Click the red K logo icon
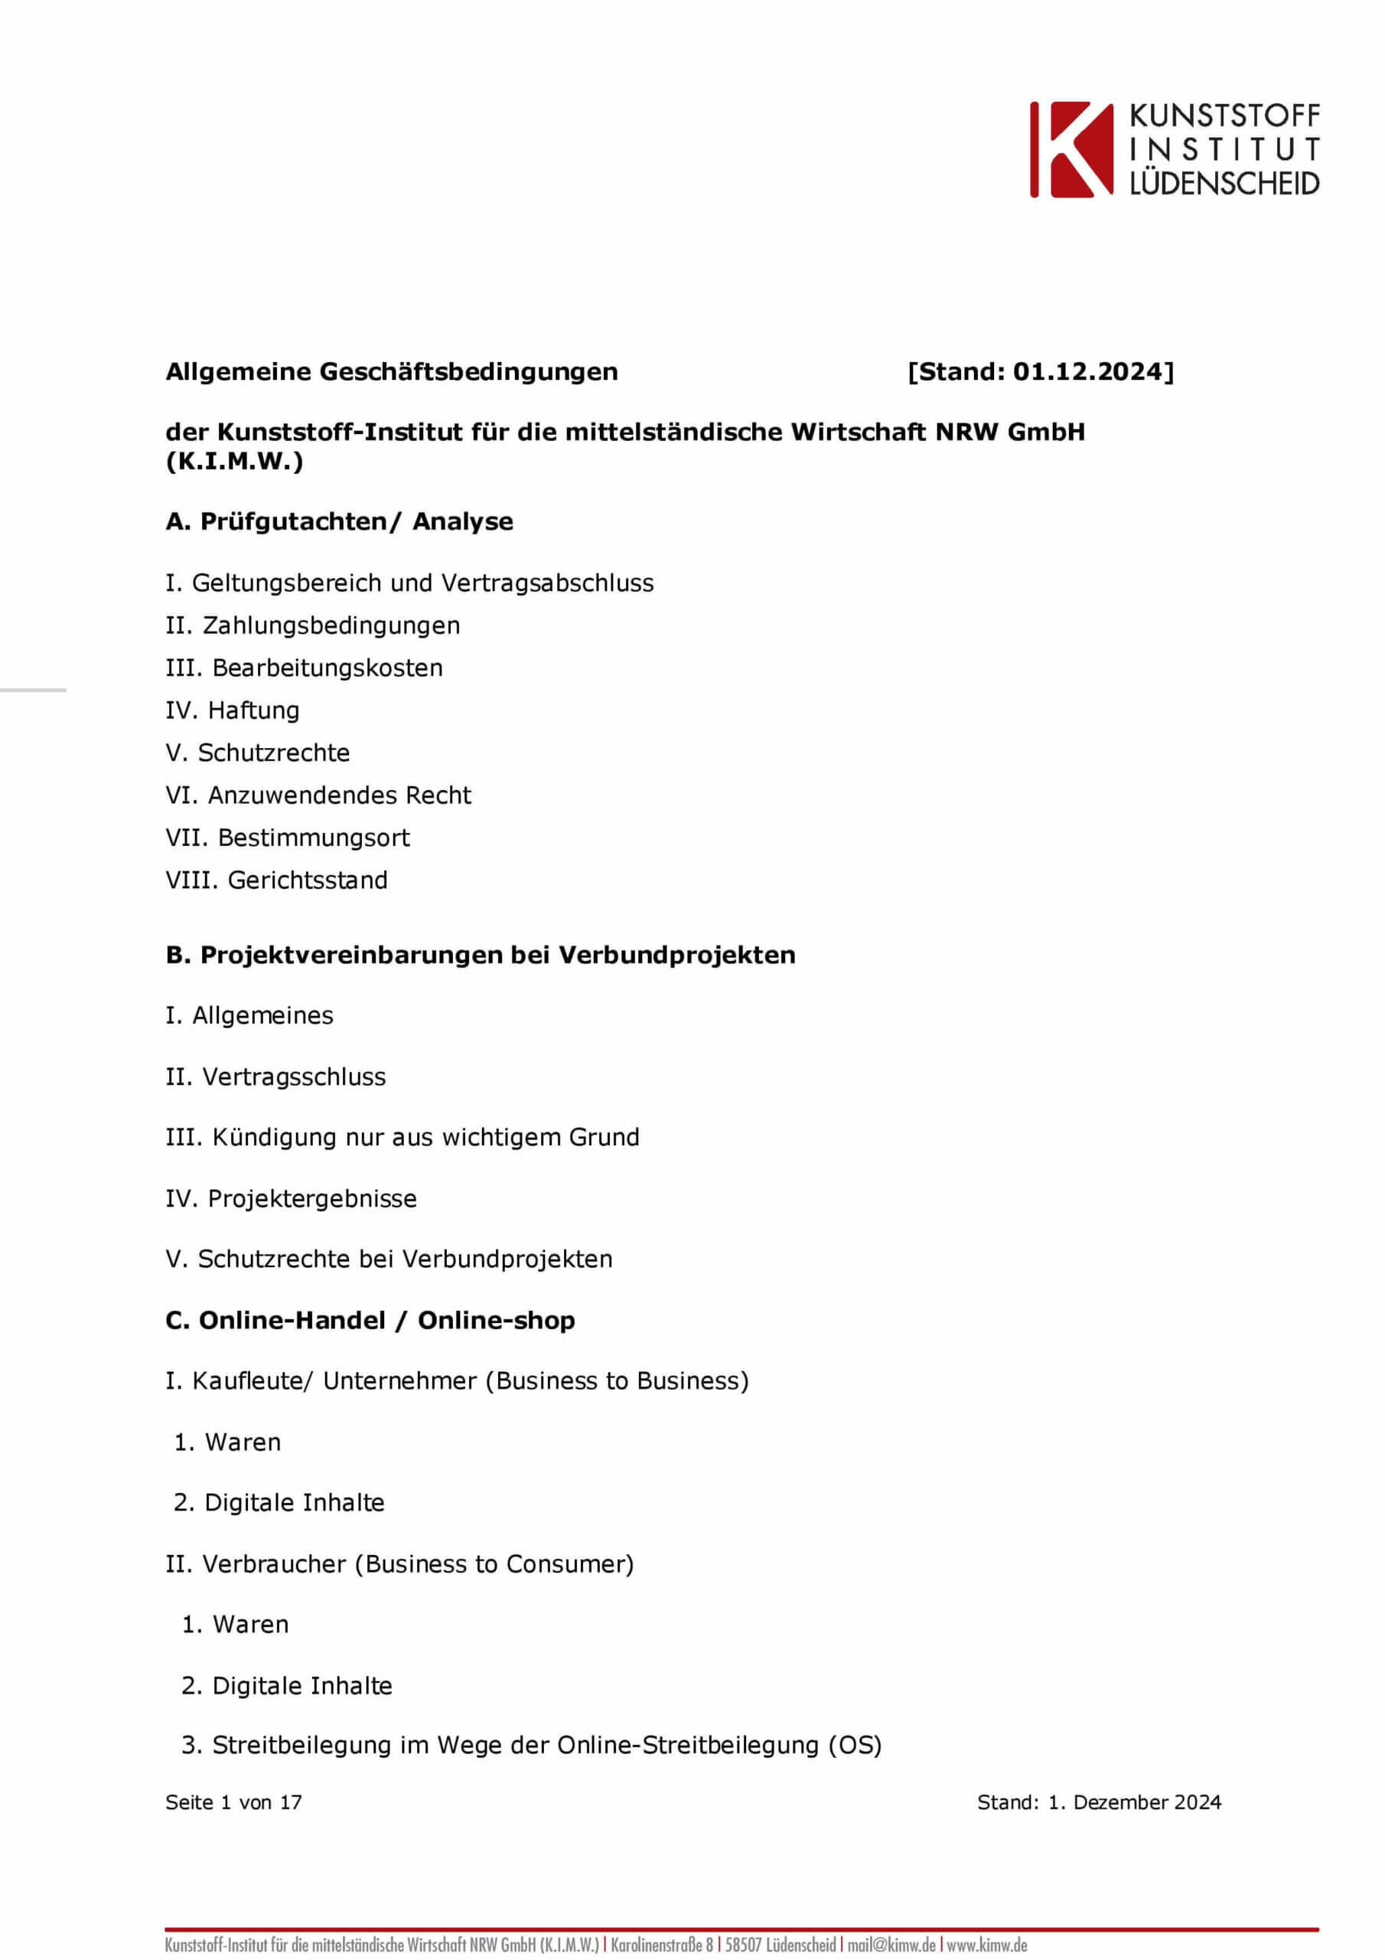click(1072, 149)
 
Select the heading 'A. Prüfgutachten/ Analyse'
click(339, 521)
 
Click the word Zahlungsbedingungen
click(331, 626)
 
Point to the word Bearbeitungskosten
click(328, 668)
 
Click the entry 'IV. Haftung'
click(232, 710)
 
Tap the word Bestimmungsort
click(314, 838)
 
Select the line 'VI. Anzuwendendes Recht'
click(318, 795)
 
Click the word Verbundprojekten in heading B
click(676, 955)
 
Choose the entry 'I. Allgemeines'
click(249, 1015)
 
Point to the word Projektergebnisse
click(312, 1198)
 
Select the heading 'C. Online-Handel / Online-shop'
click(370, 1320)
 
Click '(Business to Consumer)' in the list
click(495, 1564)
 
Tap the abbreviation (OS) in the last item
click(855, 1745)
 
